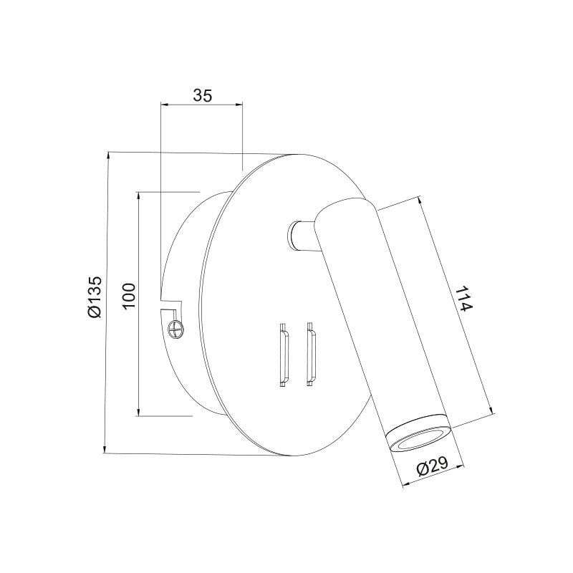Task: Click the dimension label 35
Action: click(202, 95)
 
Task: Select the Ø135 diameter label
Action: click(95, 297)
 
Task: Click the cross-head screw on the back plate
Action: click(175, 328)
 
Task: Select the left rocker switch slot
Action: click(284, 355)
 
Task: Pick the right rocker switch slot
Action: click(312, 354)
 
